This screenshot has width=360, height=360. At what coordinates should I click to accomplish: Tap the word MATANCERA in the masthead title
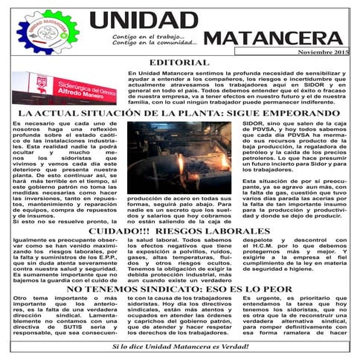274,39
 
